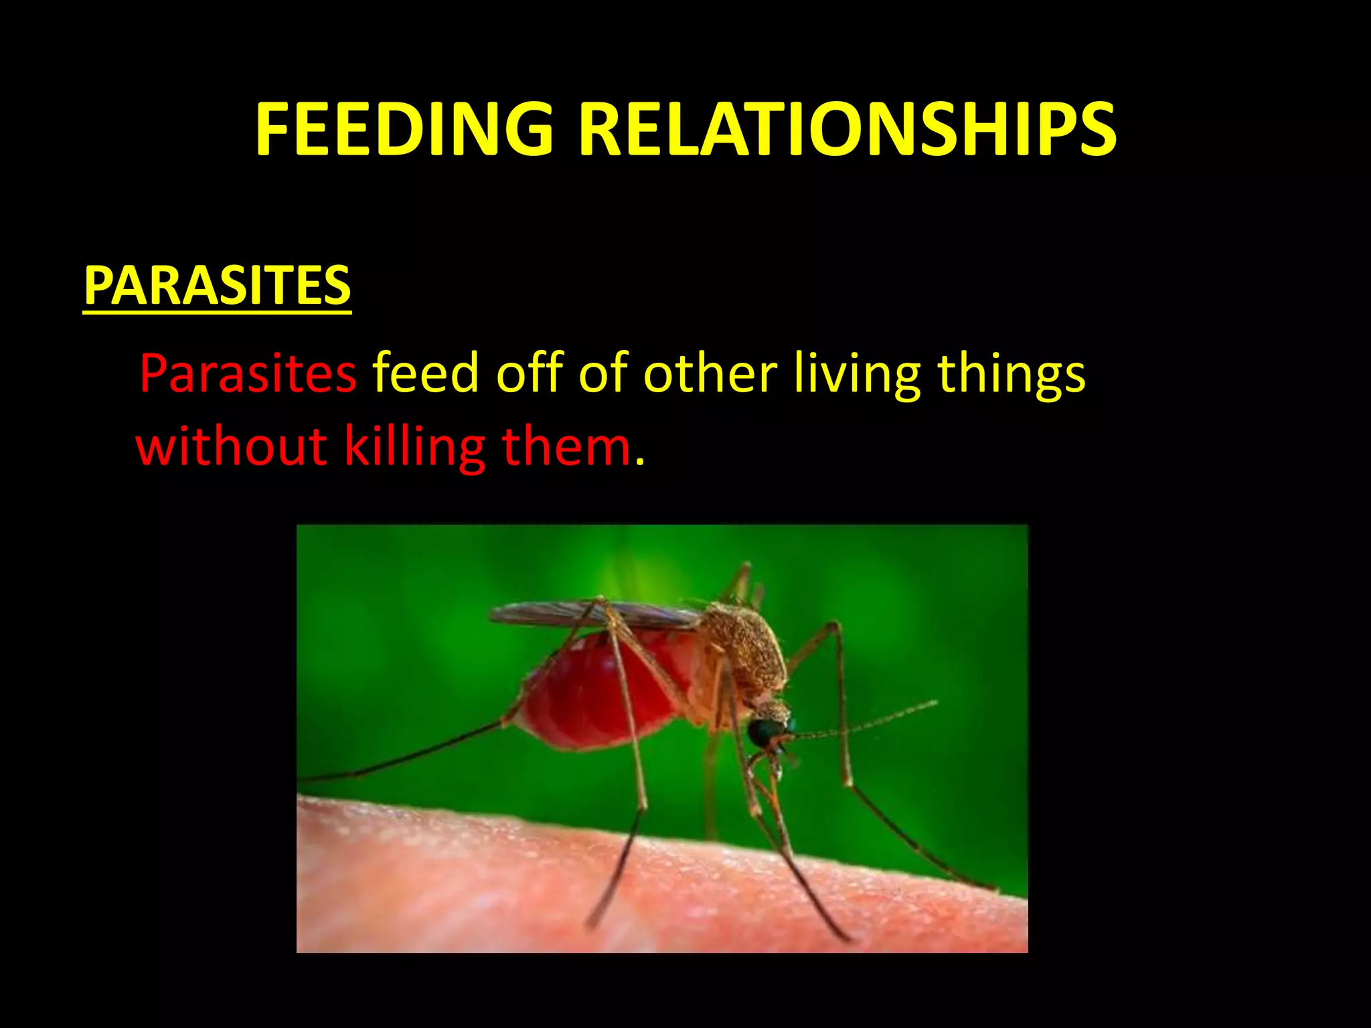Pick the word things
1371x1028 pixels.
pos(1011,375)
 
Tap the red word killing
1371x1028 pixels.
pos(414,448)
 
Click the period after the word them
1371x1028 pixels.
pos(640,462)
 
